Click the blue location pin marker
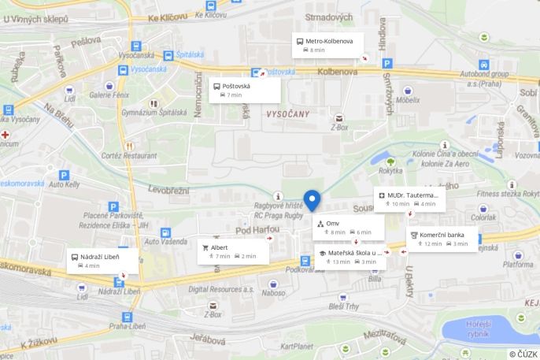(312, 200)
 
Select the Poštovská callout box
(245, 90)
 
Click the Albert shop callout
(233, 251)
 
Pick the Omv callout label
(349, 228)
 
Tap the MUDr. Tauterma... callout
(409, 199)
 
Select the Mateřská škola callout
(350, 257)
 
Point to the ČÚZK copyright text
(523, 354)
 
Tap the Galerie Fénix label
(110, 95)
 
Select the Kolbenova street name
(338, 71)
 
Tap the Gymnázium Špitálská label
(154, 113)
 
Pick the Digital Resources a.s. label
(220, 289)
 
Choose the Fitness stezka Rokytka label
(509, 193)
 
